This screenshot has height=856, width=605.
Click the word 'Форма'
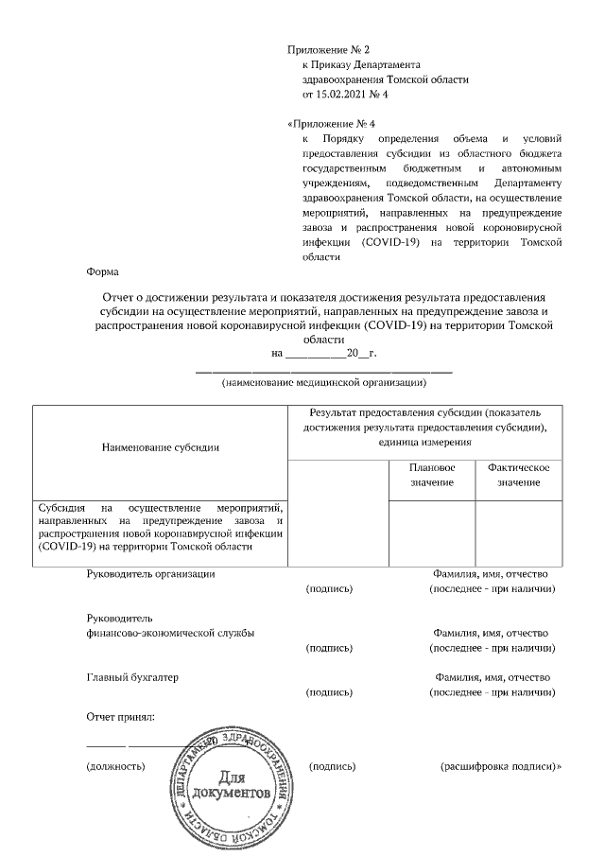102,271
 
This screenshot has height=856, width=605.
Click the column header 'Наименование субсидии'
160,446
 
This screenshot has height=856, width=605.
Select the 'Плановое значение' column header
432,476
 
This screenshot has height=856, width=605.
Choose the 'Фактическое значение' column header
518,476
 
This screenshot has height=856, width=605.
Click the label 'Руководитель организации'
150,574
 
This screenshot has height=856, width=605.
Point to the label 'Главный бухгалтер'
132,677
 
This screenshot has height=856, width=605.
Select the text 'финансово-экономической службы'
169,633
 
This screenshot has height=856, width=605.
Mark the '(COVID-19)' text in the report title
395,324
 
